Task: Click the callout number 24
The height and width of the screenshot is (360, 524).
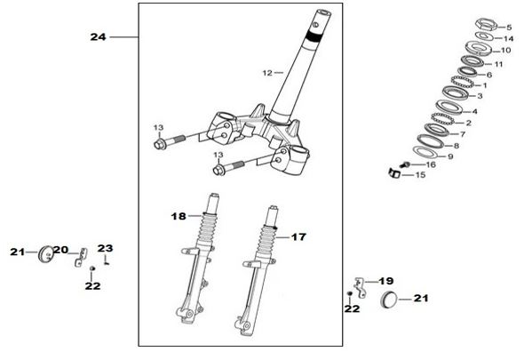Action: (x=98, y=36)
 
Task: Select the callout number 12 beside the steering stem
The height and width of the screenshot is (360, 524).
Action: (x=267, y=73)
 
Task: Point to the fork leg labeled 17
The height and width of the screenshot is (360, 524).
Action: (x=258, y=271)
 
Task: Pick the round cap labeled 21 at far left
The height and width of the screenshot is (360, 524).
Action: (x=45, y=254)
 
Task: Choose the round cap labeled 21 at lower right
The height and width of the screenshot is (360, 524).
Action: (x=388, y=300)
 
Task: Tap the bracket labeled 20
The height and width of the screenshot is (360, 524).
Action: (x=80, y=257)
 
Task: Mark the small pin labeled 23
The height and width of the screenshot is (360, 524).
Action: (x=107, y=260)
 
